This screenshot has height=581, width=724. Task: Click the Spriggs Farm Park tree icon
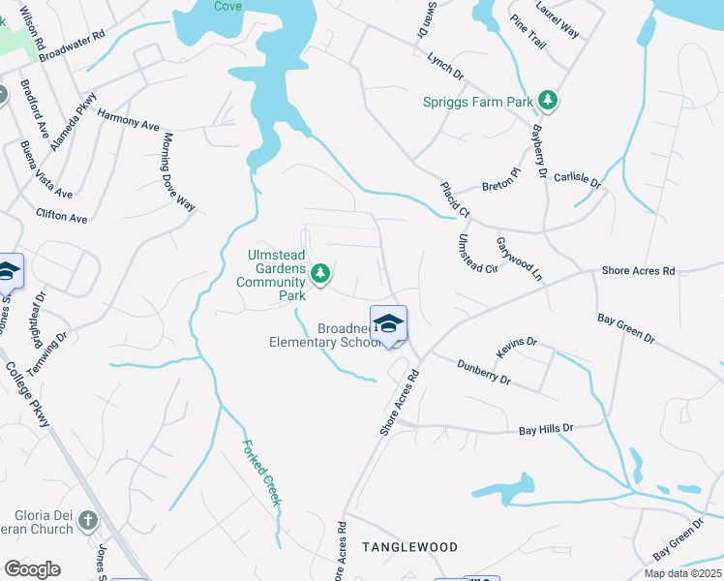(x=549, y=100)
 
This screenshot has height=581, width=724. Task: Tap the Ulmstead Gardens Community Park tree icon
(x=320, y=276)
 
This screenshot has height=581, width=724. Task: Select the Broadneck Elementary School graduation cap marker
(x=388, y=324)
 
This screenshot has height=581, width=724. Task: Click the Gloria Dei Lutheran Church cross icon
(x=88, y=521)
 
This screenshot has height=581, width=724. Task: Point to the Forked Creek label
(x=260, y=473)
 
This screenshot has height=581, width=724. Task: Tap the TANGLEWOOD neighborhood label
(x=409, y=547)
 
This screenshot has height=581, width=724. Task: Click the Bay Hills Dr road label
(x=546, y=428)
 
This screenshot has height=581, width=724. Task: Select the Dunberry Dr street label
(x=484, y=372)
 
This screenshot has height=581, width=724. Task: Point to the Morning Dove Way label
(x=179, y=172)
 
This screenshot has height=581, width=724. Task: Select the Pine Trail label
(x=529, y=39)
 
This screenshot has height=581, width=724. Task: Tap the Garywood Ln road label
(x=519, y=259)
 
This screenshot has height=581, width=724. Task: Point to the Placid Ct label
(x=454, y=199)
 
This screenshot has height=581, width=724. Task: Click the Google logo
(x=32, y=568)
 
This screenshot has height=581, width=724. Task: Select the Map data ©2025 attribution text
(x=681, y=573)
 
